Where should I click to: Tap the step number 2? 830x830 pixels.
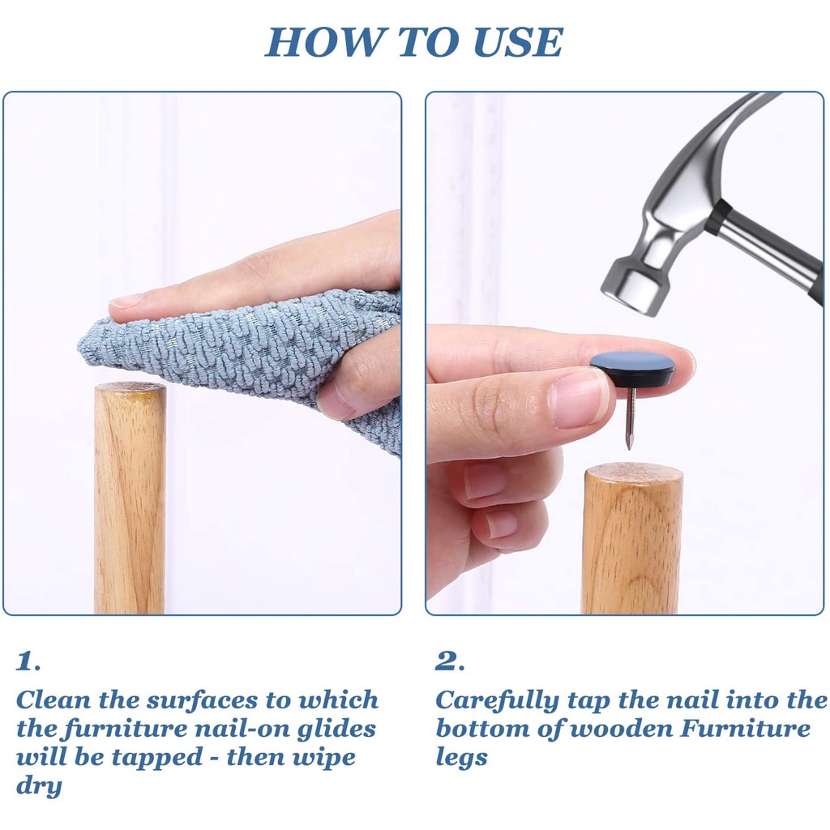450,661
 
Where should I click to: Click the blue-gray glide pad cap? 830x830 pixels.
632,362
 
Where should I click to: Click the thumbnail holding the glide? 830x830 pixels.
578,398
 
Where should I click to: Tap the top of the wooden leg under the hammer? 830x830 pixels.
632,471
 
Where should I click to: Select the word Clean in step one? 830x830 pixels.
53,700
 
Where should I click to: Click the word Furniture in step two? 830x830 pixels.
746,729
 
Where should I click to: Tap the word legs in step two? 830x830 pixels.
461,758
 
